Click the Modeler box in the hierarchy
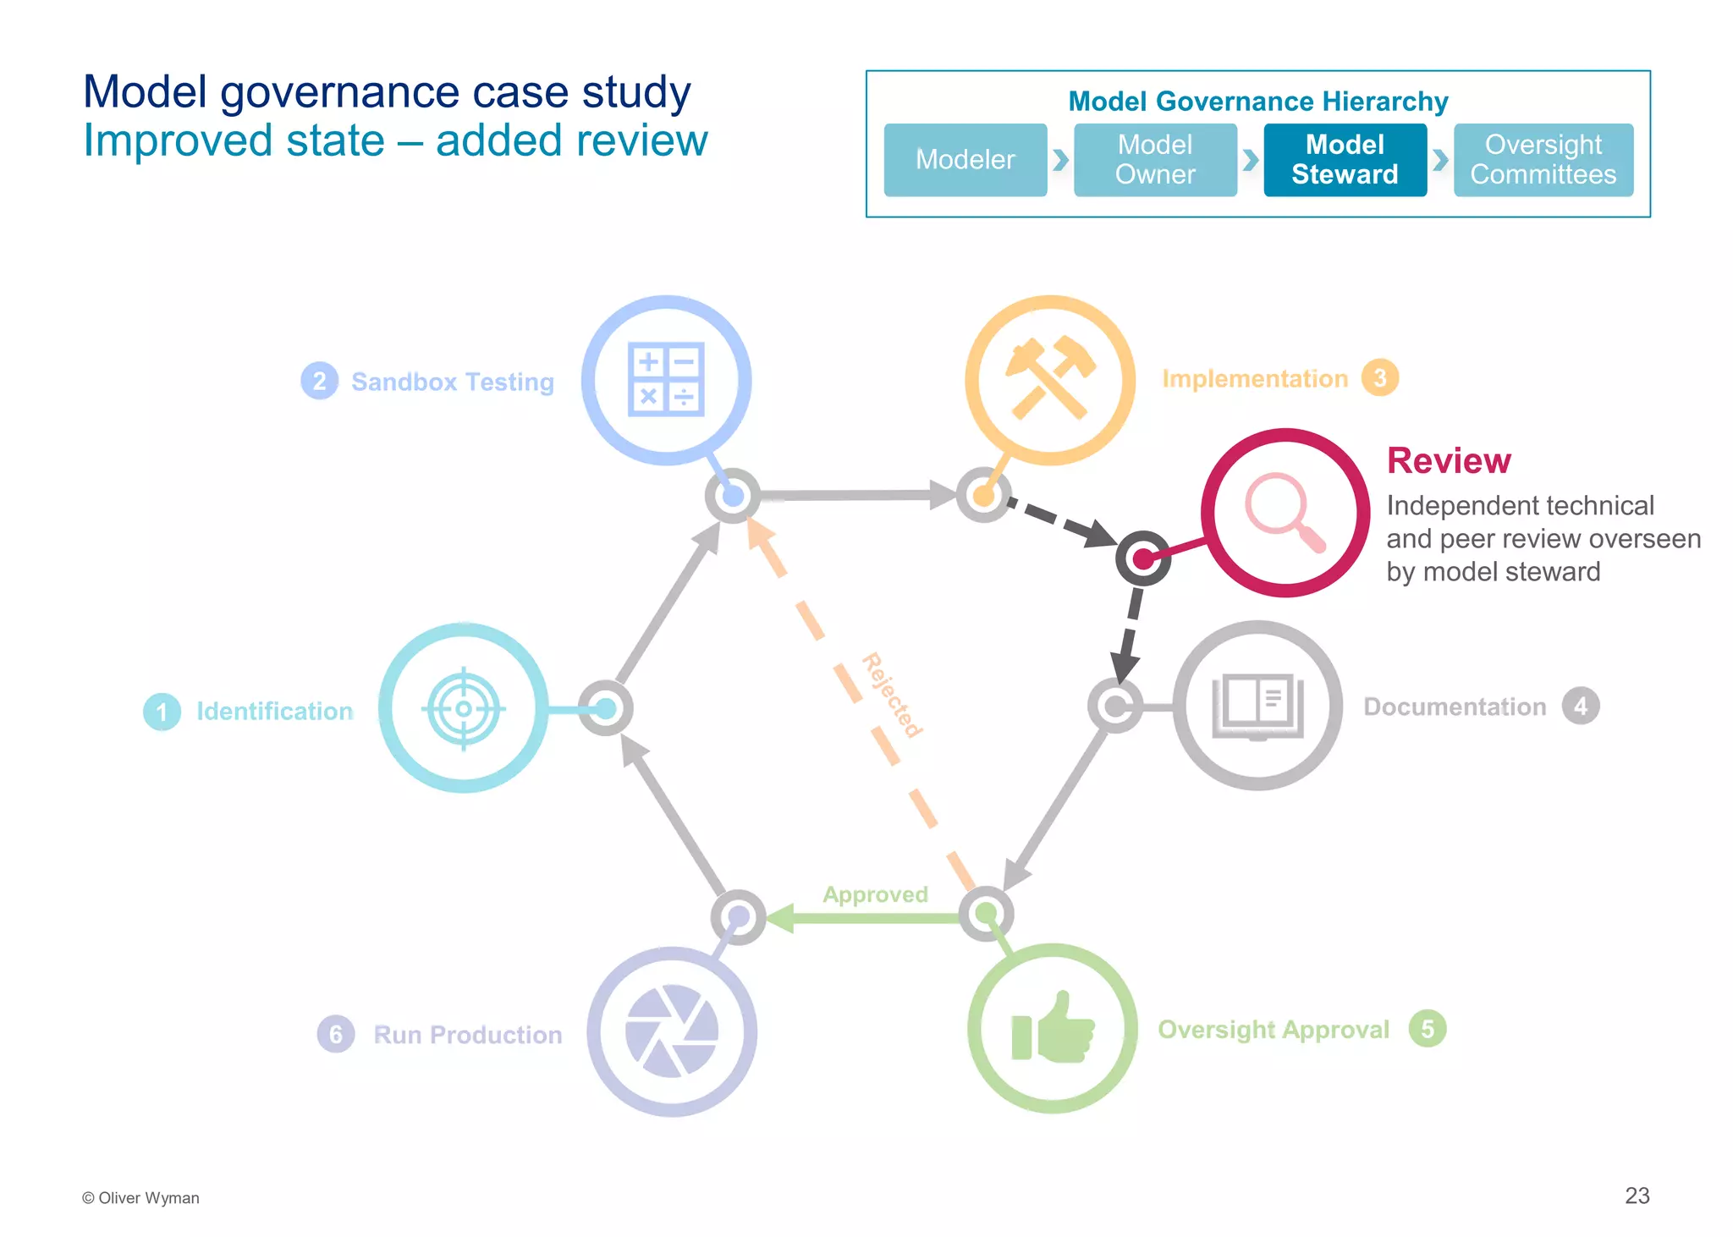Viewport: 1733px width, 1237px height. click(x=965, y=160)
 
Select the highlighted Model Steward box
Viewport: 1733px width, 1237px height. click(x=1345, y=160)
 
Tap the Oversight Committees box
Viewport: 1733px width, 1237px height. click(x=1543, y=160)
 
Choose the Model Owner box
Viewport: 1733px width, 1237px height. click(x=1155, y=160)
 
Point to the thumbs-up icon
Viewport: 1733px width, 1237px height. click(x=1053, y=1028)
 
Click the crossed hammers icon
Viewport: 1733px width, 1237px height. click(x=1049, y=378)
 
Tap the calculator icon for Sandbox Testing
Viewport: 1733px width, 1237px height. click(x=666, y=379)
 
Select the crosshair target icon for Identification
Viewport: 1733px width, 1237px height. click(x=464, y=708)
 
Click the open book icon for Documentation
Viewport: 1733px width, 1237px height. click(x=1257, y=706)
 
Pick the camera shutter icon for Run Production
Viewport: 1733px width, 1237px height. click(x=672, y=1031)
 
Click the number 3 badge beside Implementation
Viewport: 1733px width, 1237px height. click(x=1379, y=378)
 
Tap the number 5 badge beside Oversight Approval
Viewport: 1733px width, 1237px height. click(x=1427, y=1029)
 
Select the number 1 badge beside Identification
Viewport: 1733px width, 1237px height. click(x=162, y=712)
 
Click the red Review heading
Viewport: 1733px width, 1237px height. click(x=1448, y=461)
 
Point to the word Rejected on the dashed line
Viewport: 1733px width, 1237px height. click(x=892, y=695)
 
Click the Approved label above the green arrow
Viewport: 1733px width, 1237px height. click(x=875, y=894)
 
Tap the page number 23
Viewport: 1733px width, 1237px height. click(x=1637, y=1196)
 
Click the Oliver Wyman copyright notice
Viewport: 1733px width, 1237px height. click(x=140, y=1198)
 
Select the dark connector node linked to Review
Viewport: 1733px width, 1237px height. click(x=1142, y=558)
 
